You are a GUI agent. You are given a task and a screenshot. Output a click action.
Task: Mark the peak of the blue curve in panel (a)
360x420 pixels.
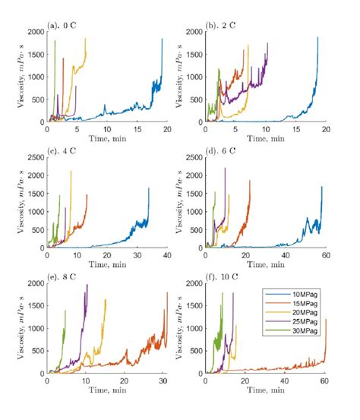click(x=162, y=39)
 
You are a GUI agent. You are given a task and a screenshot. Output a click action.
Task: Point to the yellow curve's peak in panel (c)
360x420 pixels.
click(x=71, y=172)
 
